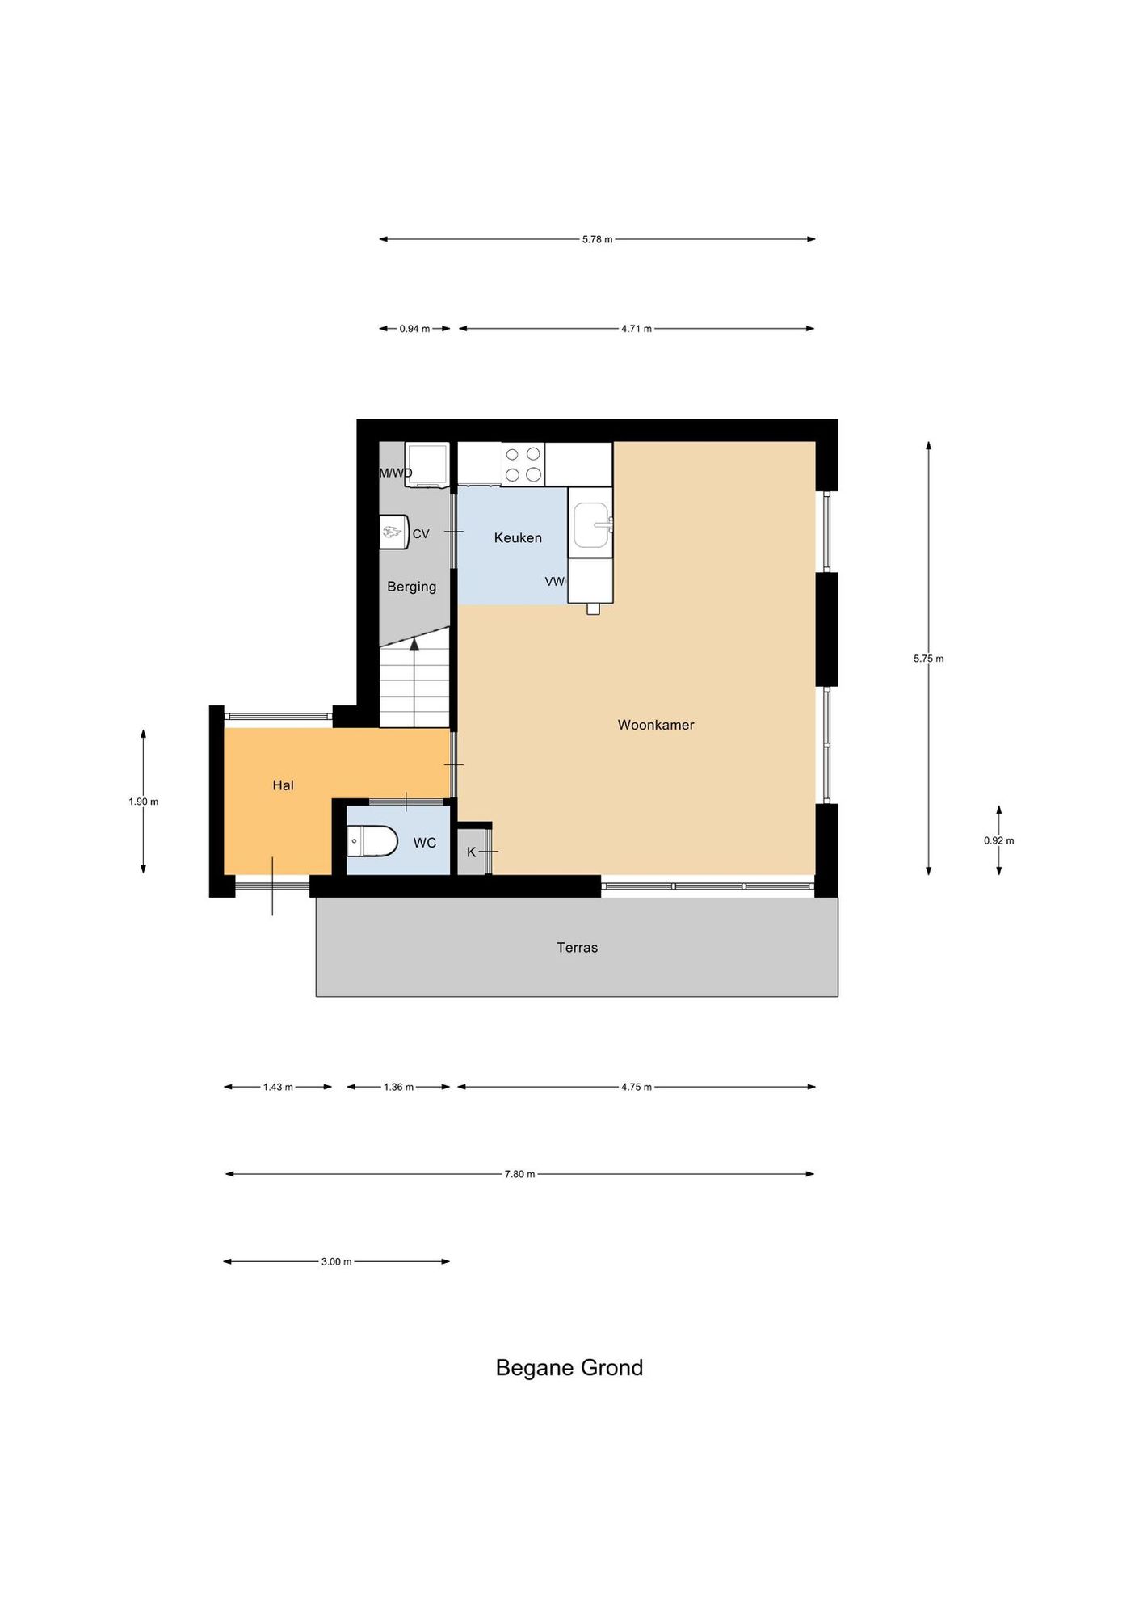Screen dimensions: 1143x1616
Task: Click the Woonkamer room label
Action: tap(656, 725)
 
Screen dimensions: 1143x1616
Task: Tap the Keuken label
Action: tap(518, 537)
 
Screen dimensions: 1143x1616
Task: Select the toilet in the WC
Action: tap(372, 841)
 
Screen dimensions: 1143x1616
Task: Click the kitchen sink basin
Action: tap(591, 525)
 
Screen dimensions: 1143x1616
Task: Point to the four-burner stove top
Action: tap(523, 465)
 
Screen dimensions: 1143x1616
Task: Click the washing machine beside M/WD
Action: tap(427, 465)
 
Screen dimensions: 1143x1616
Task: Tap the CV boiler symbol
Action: tap(393, 532)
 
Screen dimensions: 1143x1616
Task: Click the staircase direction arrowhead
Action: tap(414, 644)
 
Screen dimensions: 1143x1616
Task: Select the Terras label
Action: tap(577, 947)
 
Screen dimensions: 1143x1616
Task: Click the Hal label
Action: tap(283, 785)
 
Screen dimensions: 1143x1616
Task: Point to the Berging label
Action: tap(411, 587)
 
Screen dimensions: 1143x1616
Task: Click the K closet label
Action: tap(471, 852)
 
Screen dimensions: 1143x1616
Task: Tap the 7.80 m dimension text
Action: tap(519, 1174)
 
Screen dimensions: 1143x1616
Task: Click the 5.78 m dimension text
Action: tap(597, 239)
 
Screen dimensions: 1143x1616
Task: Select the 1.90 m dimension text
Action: tap(143, 802)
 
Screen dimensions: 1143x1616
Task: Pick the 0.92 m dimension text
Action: tap(998, 840)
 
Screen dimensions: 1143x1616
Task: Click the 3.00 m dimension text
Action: tap(336, 1261)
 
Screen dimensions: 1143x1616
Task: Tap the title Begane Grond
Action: tap(569, 1368)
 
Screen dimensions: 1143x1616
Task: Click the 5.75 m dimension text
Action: tap(928, 659)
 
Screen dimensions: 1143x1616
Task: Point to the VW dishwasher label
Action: tap(555, 581)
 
